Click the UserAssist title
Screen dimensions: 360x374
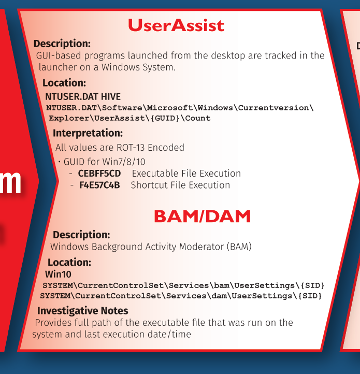[176, 25]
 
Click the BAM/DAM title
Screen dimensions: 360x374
[203, 217]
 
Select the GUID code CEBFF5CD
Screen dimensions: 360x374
[99, 174]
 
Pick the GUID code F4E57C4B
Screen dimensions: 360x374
[99, 185]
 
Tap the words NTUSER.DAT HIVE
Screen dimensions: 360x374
[83, 96]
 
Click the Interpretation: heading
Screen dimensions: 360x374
[88, 133]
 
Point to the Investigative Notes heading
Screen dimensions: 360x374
[82, 311]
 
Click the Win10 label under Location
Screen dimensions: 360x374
[58, 275]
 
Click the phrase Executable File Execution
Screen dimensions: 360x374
[186, 174]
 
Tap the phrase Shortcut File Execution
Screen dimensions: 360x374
[180, 185]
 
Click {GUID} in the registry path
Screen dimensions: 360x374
[165, 118]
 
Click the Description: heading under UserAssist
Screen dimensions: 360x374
[62, 44]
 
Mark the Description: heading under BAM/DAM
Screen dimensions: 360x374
[81, 235]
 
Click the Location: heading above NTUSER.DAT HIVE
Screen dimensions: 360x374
[64, 83]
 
